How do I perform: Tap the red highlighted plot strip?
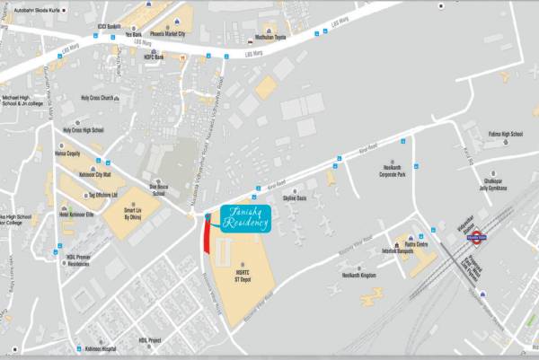click(208, 238)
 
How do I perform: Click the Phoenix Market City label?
click(156, 34)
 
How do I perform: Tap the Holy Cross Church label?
click(98, 98)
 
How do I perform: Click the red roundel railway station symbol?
click(475, 239)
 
